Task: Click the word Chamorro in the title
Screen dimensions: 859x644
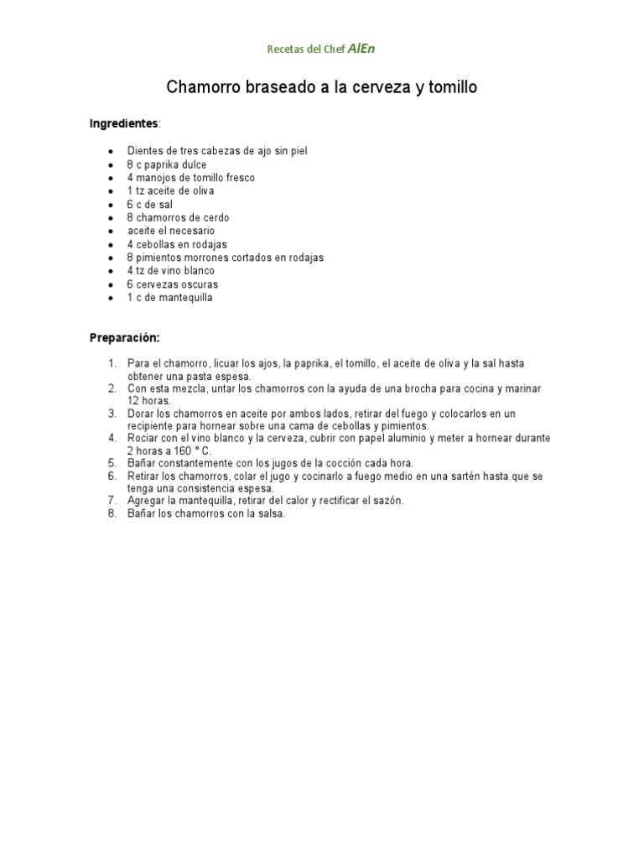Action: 200,87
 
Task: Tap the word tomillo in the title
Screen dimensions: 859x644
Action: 453,87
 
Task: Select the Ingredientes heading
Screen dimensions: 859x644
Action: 123,124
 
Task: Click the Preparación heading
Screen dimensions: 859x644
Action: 124,337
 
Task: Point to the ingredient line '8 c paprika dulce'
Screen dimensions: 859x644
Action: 167,164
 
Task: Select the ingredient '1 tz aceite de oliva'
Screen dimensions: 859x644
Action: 171,191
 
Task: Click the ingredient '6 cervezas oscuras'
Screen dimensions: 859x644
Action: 173,284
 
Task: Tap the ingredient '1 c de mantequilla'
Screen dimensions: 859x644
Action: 170,298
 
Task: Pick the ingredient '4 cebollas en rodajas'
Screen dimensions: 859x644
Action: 177,244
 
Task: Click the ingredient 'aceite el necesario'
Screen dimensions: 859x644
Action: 171,231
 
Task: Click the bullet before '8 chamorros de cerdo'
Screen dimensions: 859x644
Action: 112,218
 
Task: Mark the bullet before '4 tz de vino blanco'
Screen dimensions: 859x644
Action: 112,271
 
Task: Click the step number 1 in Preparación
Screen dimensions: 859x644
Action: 112,363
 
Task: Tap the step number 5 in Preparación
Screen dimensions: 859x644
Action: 112,463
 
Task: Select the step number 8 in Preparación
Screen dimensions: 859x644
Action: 112,514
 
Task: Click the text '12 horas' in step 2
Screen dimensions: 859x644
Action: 148,401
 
